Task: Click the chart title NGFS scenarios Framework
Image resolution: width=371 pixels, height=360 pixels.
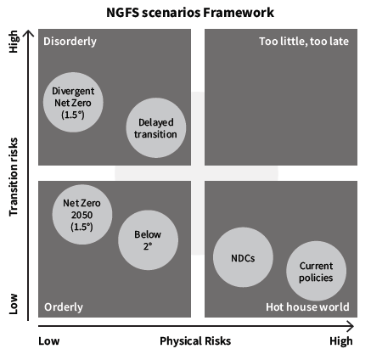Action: pos(190,13)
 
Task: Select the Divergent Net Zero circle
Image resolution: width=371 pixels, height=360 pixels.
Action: pos(73,102)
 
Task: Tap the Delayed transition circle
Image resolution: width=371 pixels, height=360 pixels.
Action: pos(156,128)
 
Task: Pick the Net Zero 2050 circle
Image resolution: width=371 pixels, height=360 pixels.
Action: pos(82,215)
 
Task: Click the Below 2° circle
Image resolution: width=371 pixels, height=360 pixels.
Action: pos(148,240)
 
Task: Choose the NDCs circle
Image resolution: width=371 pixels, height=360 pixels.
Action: pos(243,257)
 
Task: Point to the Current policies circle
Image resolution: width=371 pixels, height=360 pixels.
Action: pos(316,271)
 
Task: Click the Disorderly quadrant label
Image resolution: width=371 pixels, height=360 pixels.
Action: pos(70,42)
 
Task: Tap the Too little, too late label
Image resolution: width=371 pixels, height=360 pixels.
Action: pos(304,42)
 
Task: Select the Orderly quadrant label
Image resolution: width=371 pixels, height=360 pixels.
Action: pos(64,307)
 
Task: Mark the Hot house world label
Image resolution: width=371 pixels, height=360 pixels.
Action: pos(307,307)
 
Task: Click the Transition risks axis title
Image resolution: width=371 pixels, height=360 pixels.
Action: pos(14,177)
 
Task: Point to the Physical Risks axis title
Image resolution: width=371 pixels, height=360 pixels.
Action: pos(195,341)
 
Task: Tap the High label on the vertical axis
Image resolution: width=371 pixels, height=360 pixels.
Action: pos(14,42)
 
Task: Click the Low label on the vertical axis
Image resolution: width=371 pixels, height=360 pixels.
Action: pos(14,304)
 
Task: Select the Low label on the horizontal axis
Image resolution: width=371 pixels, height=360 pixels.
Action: pos(49,341)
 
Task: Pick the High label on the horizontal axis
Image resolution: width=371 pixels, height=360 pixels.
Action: pos(341,341)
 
